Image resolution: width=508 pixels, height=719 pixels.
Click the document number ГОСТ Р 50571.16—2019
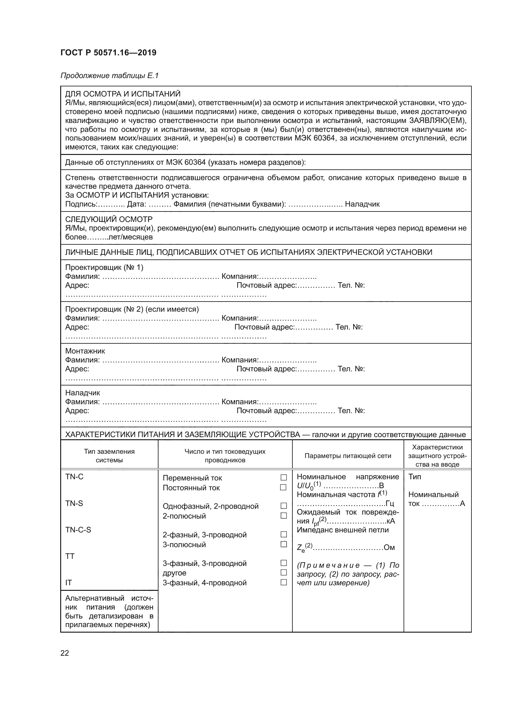tap(108, 53)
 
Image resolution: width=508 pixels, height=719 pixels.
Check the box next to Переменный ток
tap(283, 478)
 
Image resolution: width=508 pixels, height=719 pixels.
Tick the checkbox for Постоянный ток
tap(283, 487)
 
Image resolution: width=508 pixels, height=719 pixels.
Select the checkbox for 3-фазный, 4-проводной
tap(283, 583)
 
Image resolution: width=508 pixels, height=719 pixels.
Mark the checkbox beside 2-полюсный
tap(283, 516)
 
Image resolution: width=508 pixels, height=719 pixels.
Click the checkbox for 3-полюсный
tap(283, 544)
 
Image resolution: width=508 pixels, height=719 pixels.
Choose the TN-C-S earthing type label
tap(78, 530)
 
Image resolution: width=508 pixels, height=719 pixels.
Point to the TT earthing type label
tap(70, 556)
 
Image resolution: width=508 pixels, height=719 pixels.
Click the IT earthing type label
tap(68, 583)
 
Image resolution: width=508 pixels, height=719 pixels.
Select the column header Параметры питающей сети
tap(348, 456)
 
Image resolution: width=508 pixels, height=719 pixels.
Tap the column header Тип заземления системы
tap(109, 456)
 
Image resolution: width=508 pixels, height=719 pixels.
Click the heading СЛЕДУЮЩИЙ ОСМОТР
tap(109, 219)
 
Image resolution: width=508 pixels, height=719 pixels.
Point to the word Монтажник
tap(85, 351)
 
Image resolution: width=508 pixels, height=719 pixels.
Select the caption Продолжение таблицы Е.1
tap(109, 76)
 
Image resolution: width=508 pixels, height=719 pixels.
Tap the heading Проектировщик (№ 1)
tap(104, 267)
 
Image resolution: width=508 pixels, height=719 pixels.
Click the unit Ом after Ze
tap(389, 547)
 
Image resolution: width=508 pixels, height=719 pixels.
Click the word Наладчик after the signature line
tap(362, 204)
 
